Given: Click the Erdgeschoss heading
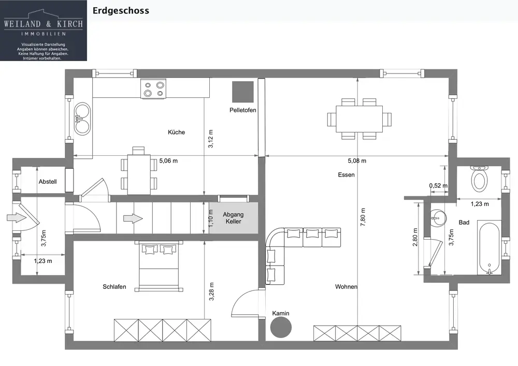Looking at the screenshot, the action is point(121,10).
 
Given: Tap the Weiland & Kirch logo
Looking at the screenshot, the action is point(44,31).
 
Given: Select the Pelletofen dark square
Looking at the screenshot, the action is point(243,92).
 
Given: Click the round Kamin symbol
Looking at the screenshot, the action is point(281,327).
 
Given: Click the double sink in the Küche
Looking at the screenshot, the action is point(82,119).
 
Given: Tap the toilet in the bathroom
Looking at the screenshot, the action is point(479,179).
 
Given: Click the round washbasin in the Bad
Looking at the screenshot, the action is point(438,218).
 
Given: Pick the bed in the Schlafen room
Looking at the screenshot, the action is point(159,266).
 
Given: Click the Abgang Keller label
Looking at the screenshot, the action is point(233,218).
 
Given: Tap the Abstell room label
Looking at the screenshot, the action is point(48,182).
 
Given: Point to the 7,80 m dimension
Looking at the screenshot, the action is point(363,217).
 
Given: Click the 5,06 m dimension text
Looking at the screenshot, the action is point(168,160).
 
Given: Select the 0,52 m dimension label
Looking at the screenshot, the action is point(438,186).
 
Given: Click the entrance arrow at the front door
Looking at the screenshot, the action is point(17,217).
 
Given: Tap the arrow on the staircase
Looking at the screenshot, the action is point(133,218).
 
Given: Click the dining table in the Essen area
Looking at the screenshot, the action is point(359,119).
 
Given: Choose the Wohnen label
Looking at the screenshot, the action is point(346,287).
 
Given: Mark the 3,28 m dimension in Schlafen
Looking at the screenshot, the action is point(212,291).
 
